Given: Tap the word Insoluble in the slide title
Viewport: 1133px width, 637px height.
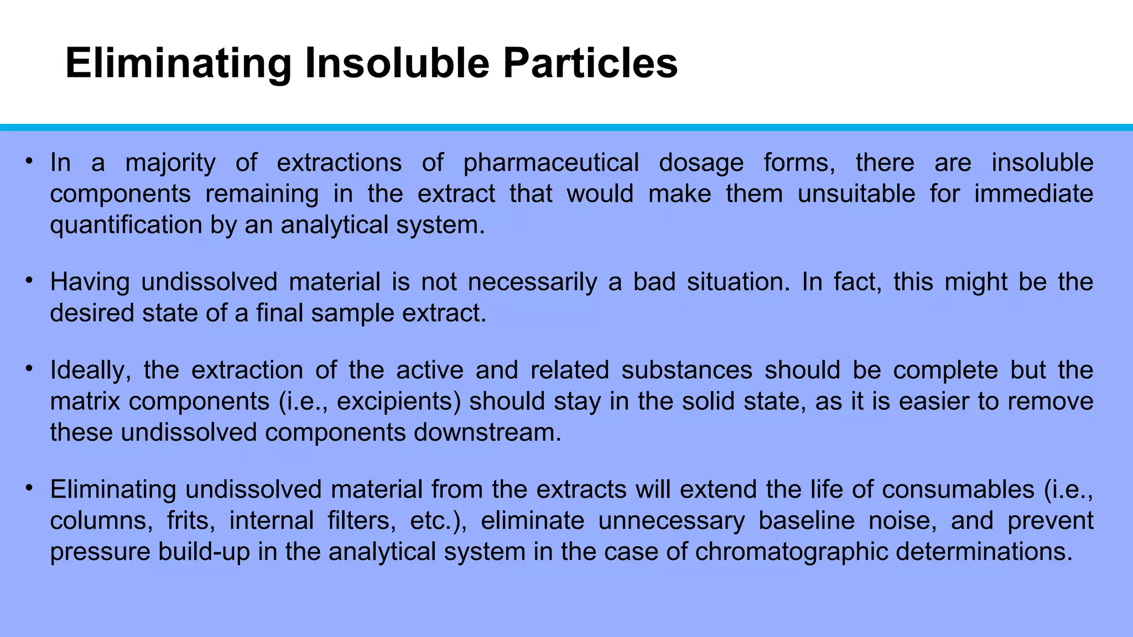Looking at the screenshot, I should (397, 64).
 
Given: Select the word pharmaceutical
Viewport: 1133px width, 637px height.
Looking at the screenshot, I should (551, 163).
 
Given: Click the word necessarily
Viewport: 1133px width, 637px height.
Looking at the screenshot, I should (532, 282).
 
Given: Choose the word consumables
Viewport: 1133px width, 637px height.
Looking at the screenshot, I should (958, 490).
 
